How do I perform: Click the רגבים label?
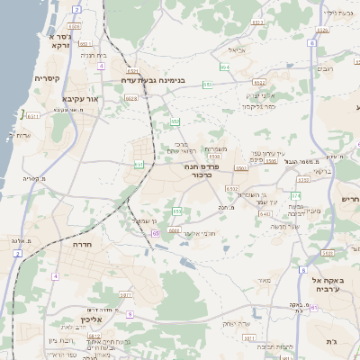326,68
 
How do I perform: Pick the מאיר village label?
264,281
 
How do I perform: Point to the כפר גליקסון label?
258,105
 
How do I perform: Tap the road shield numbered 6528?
131,98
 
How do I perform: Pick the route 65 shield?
156,233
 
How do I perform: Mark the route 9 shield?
130,314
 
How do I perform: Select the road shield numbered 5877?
126,294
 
